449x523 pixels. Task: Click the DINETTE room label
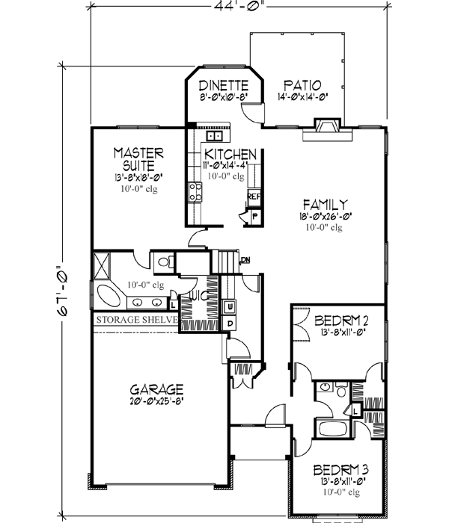coord(222,85)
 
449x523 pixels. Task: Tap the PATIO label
coord(302,85)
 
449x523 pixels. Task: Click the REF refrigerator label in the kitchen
coord(254,196)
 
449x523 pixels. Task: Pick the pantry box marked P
coord(254,214)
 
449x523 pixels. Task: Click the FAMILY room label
coord(324,204)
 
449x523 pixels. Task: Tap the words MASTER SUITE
coord(138,158)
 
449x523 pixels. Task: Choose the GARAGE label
coord(156,389)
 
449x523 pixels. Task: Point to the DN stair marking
coord(245,260)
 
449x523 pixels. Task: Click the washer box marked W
coord(230,307)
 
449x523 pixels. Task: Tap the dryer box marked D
coord(230,323)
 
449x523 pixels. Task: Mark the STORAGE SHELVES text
coord(135,321)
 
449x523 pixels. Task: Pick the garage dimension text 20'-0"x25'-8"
coord(156,401)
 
